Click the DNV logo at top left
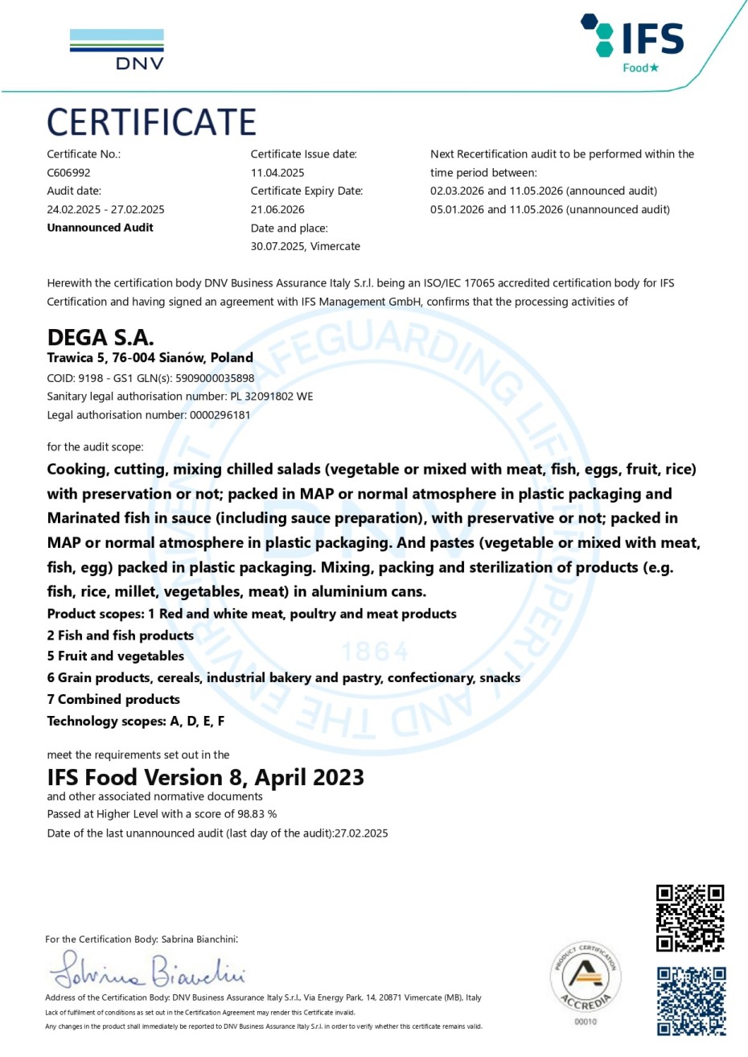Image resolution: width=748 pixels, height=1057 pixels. tap(117, 50)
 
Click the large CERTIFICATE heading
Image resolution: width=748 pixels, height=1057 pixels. tap(151, 122)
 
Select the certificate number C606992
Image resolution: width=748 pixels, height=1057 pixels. tap(68, 173)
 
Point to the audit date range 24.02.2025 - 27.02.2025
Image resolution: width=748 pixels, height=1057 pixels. tap(105, 209)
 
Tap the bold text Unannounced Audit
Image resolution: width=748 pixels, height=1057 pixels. tap(100, 228)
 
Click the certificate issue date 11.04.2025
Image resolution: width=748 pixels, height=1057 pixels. tap(277, 173)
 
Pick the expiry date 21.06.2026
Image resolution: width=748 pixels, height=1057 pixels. tap(277, 209)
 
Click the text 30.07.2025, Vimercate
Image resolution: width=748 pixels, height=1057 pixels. tap(305, 246)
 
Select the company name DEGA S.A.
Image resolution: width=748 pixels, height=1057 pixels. tap(101, 337)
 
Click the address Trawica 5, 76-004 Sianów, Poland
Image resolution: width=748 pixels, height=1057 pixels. tap(150, 358)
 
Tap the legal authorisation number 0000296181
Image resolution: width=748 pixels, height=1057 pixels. tap(220, 415)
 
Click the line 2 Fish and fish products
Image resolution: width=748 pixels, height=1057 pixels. tap(121, 635)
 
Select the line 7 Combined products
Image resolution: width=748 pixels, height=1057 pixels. tap(113, 700)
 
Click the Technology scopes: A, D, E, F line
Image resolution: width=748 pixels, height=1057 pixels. tap(135, 722)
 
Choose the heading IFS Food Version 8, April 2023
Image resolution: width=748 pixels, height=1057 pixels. tap(205, 778)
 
